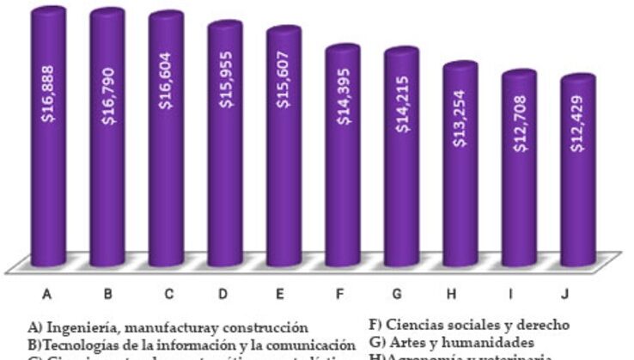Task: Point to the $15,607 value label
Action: [283, 103]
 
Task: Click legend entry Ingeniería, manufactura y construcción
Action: [167, 326]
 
